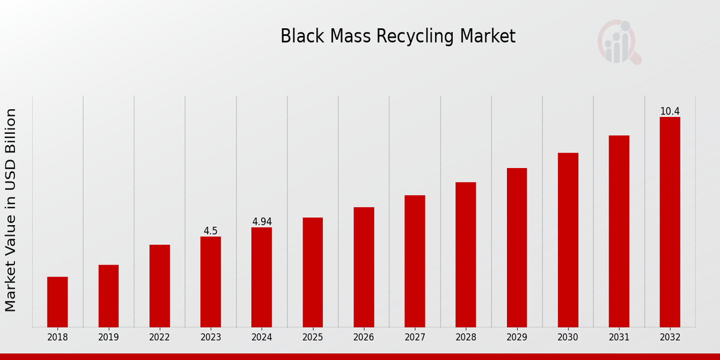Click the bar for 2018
point(58,302)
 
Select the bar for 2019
point(109,296)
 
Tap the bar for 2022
point(160,286)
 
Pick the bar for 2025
point(313,272)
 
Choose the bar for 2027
point(415,261)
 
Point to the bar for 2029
point(517,247)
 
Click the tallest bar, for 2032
point(670,222)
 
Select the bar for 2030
point(568,240)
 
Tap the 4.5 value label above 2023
point(211,231)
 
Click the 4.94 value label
point(262,222)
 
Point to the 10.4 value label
point(670,112)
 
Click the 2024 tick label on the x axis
point(262,338)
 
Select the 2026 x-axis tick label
point(364,338)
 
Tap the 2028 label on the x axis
point(466,338)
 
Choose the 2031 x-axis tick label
point(619,338)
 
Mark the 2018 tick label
point(58,338)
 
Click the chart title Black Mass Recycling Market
point(398,37)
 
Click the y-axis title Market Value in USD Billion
point(11,210)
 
